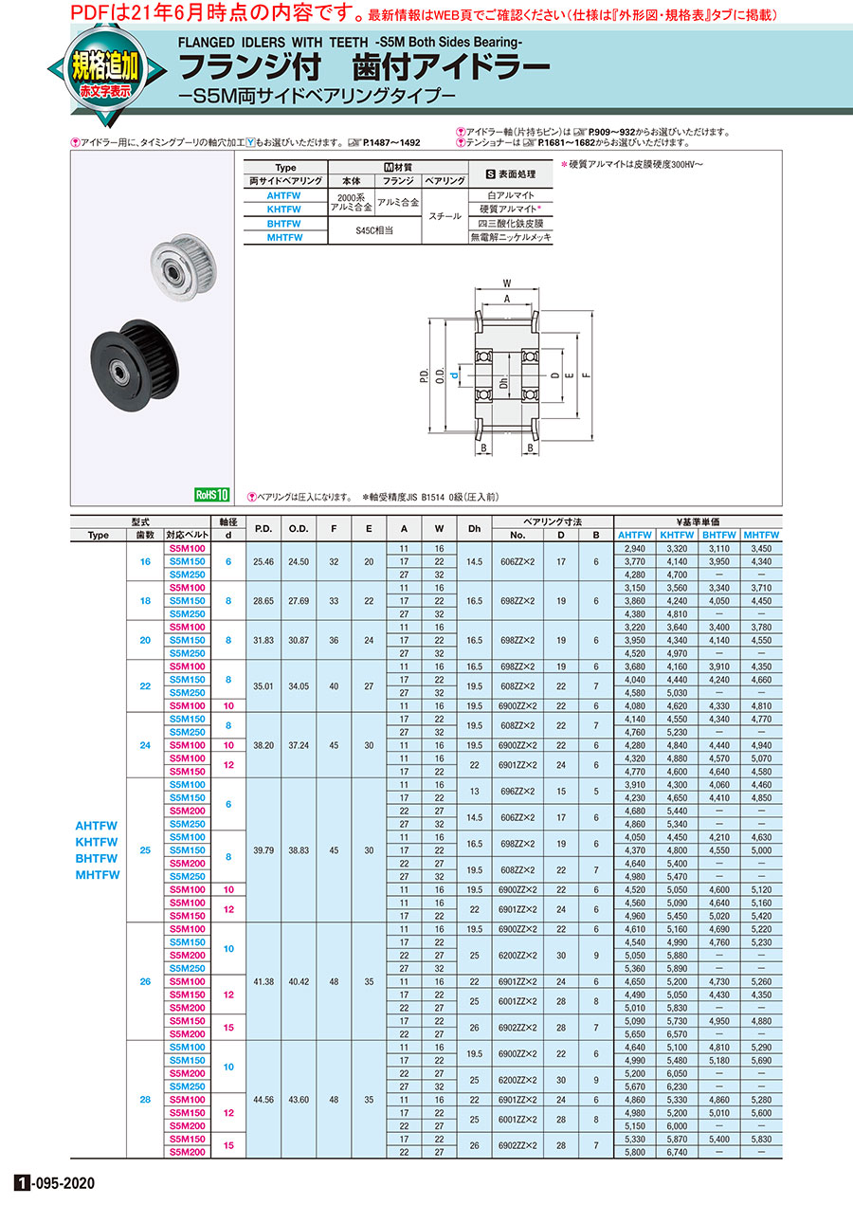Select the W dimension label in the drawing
point(507,283)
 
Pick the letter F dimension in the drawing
point(586,375)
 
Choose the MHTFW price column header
point(761,535)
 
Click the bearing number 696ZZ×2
point(517,791)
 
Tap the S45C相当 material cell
point(373,230)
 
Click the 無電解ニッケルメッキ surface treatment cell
point(511,237)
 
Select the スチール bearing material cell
point(445,216)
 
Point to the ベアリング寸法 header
point(553,522)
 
